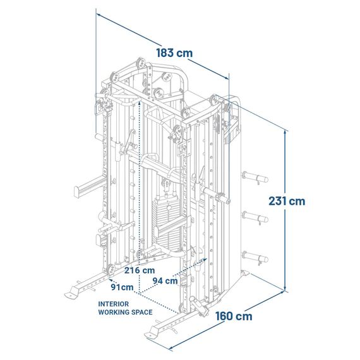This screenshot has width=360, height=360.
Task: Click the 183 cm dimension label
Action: pyautogui.click(x=174, y=53)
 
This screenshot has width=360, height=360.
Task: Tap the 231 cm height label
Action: pyautogui.click(x=287, y=201)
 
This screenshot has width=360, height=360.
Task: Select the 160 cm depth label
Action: pyautogui.click(x=234, y=316)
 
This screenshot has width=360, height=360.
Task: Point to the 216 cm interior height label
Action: pyautogui.click(x=140, y=270)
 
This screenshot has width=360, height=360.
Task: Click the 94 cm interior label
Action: pyautogui.click(x=165, y=280)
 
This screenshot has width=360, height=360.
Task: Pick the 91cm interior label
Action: pyautogui.click(x=122, y=287)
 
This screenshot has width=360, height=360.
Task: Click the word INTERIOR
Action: pyautogui.click(x=114, y=304)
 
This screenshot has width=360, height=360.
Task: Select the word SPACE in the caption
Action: pyautogui.click(x=142, y=312)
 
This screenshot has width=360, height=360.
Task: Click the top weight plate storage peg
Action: pyautogui.click(x=255, y=177)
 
